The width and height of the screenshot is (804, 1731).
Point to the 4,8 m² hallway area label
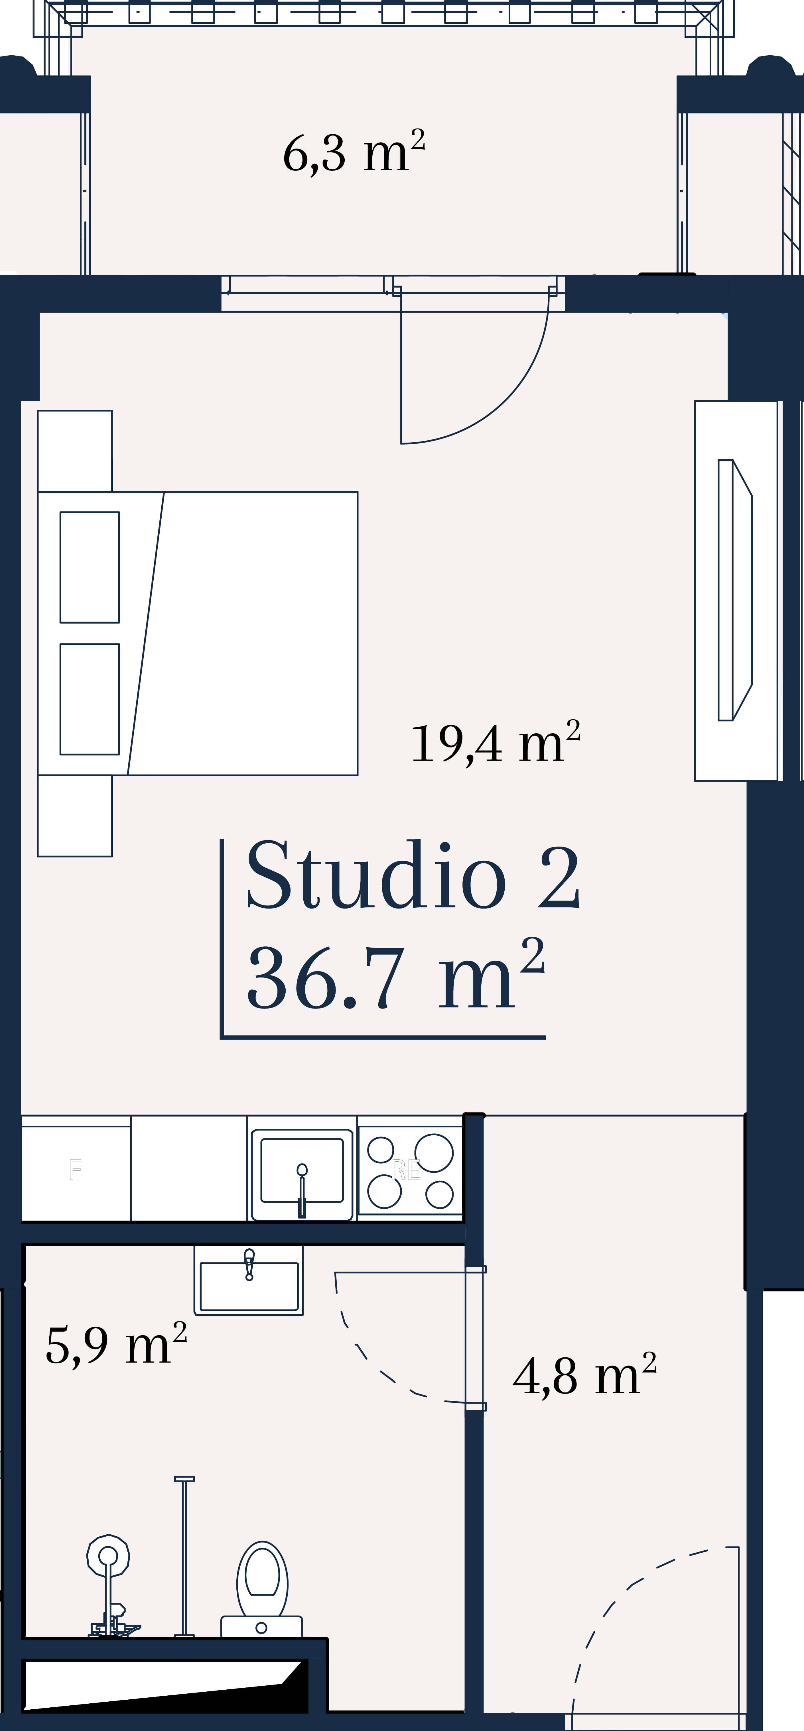(584, 1375)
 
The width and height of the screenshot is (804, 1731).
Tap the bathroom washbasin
(249, 1280)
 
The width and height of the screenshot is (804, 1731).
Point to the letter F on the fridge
(75, 1170)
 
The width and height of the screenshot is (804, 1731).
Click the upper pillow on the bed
(90, 567)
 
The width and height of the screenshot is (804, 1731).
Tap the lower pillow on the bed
(90, 699)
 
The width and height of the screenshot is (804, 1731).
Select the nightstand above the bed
(75, 451)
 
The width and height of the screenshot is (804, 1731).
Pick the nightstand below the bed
(75, 816)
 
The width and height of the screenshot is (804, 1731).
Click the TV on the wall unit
(735, 590)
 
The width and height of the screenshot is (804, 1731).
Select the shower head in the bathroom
(108, 1556)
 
